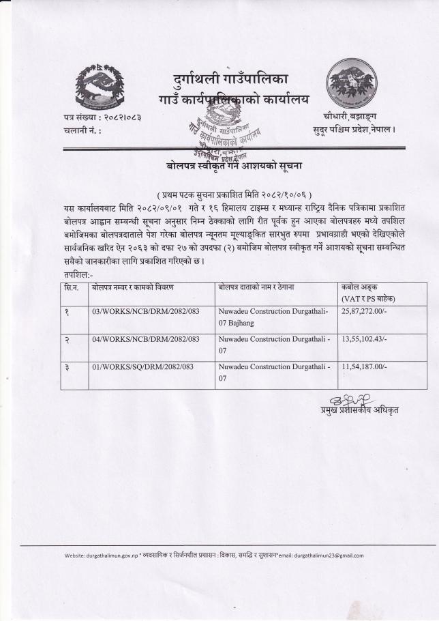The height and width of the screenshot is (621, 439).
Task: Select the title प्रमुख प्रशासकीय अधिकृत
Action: tap(360, 409)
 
